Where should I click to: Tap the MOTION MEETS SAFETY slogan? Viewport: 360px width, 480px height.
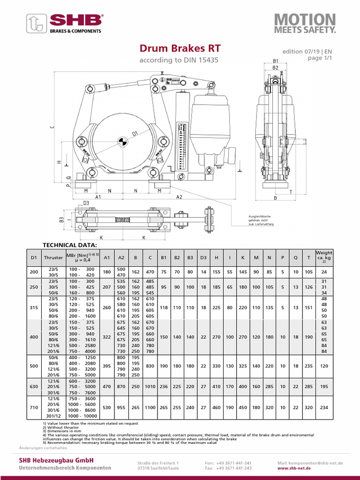(305, 23)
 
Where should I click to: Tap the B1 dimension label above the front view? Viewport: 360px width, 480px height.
(276, 61)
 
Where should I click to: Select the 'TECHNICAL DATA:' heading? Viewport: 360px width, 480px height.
(70, 245)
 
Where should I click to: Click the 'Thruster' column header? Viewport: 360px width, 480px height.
(53, 257)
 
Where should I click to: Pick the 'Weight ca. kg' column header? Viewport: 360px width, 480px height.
(324, 257)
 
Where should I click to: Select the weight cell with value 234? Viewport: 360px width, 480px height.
(324, 408)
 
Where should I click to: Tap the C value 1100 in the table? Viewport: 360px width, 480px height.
(150, 408)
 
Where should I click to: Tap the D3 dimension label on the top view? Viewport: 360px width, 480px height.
(86, 202)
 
